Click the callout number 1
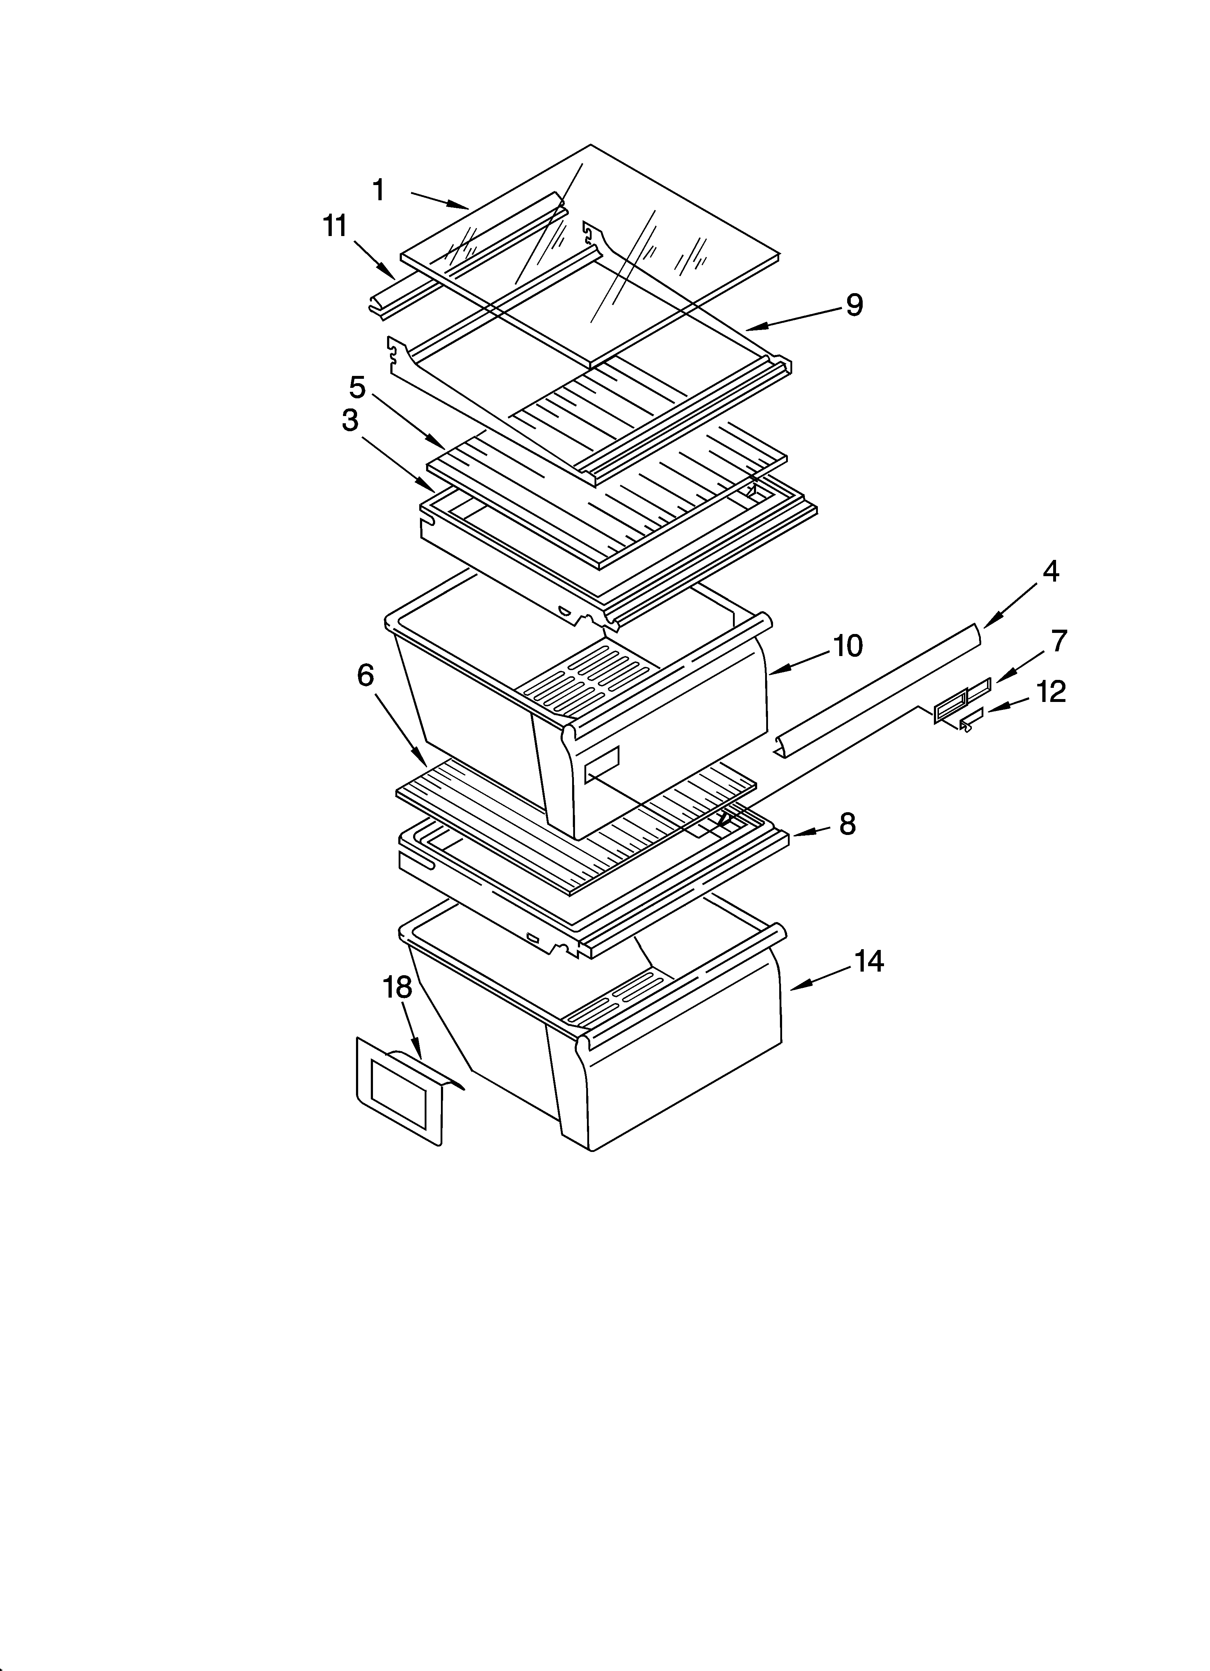pyautogui.click(x=379, y=191)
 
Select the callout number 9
pyautogui.click(x=854, y=305)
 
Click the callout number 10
pyautogui.click(x=848, y=646)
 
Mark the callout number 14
pyautogui.click(x=869, y=961)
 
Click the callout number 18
pyautogui.click(x=398, y=988)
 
